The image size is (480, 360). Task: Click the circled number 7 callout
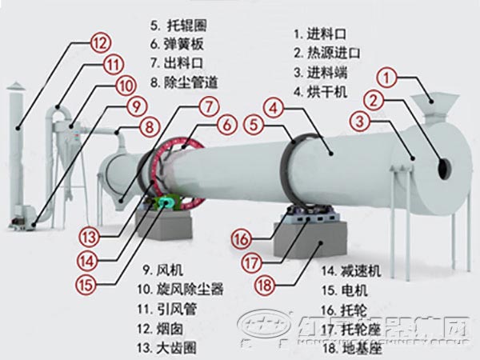coord(207,106)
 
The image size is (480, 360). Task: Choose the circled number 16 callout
coord(241,237)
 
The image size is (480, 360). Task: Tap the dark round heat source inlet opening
coord(442,166)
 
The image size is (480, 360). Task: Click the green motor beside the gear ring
coord(166,203)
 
